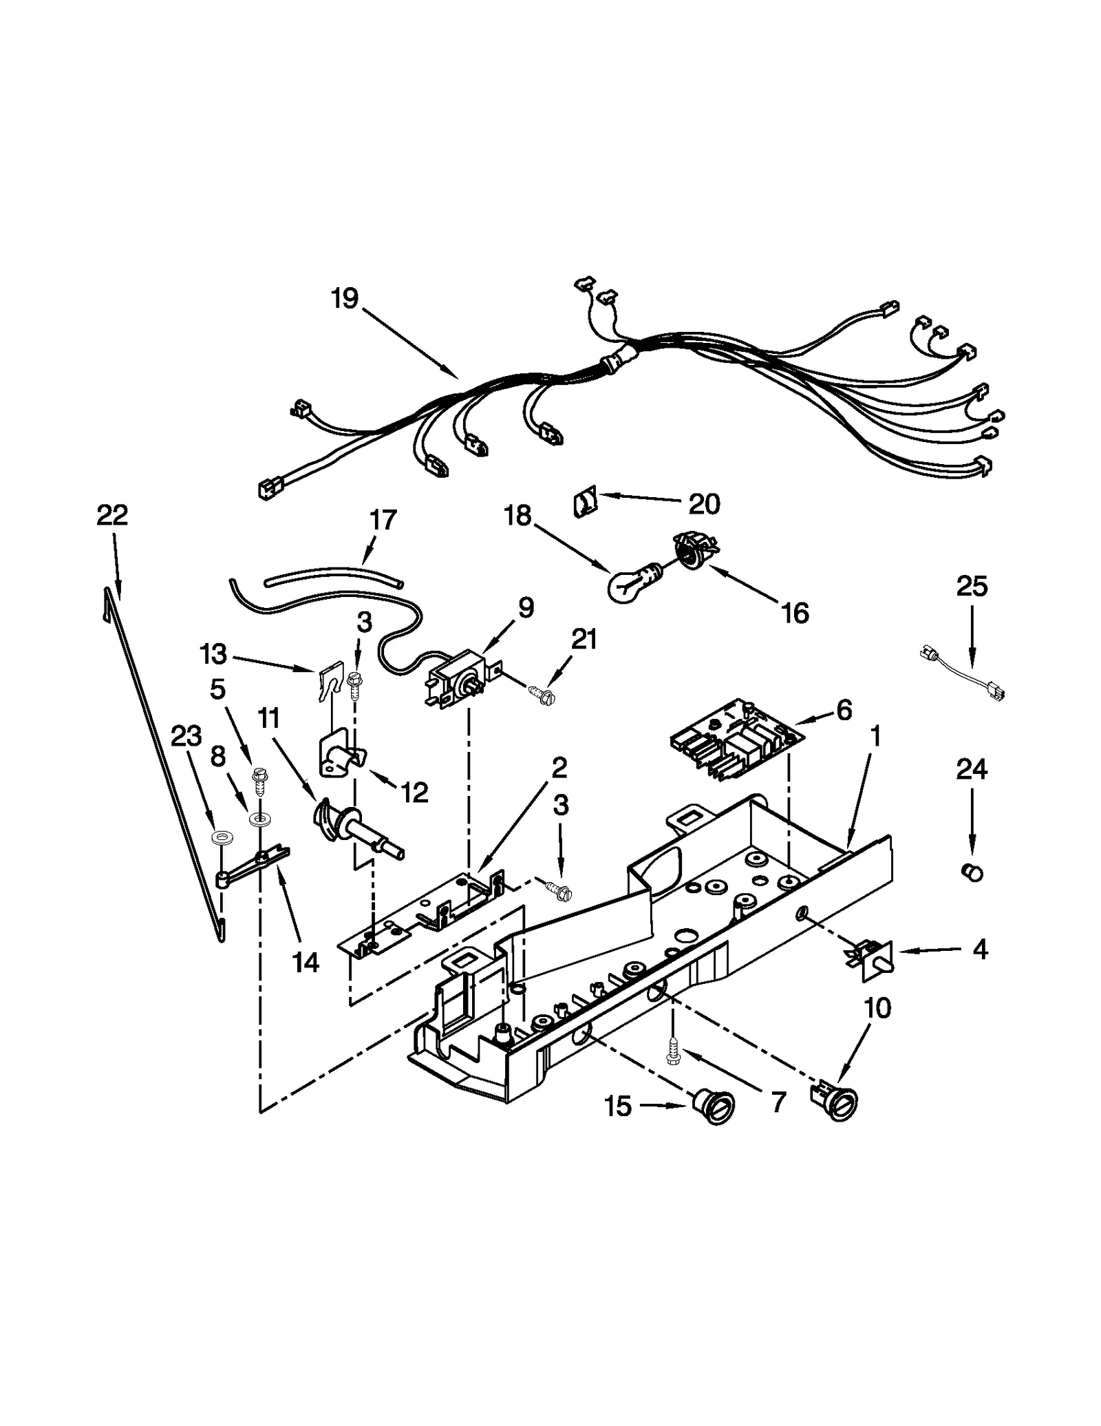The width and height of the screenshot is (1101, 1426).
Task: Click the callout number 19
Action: [x=344, y=299]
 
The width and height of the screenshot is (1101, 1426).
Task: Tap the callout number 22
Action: [x=112, y=515]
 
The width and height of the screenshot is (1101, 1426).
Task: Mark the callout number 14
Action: [x=305, y=962]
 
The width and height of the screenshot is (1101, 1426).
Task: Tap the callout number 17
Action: [x=383, y=520]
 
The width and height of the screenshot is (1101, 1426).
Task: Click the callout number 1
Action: [x=875, y=737]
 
